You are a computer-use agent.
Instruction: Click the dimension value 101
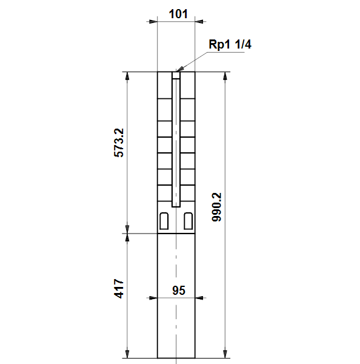(178, 14)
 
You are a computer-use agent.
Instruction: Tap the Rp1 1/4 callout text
(230, 44)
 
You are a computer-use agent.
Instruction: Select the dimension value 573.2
(119, 143)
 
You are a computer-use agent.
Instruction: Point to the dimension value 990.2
(217, 207)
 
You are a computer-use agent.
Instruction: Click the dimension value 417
(119, 289)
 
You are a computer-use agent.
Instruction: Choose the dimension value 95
(179, 291)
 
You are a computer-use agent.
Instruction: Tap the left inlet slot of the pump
(164, 221)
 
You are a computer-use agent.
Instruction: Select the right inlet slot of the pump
(188, 221)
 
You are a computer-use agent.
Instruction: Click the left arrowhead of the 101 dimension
(153, 22)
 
